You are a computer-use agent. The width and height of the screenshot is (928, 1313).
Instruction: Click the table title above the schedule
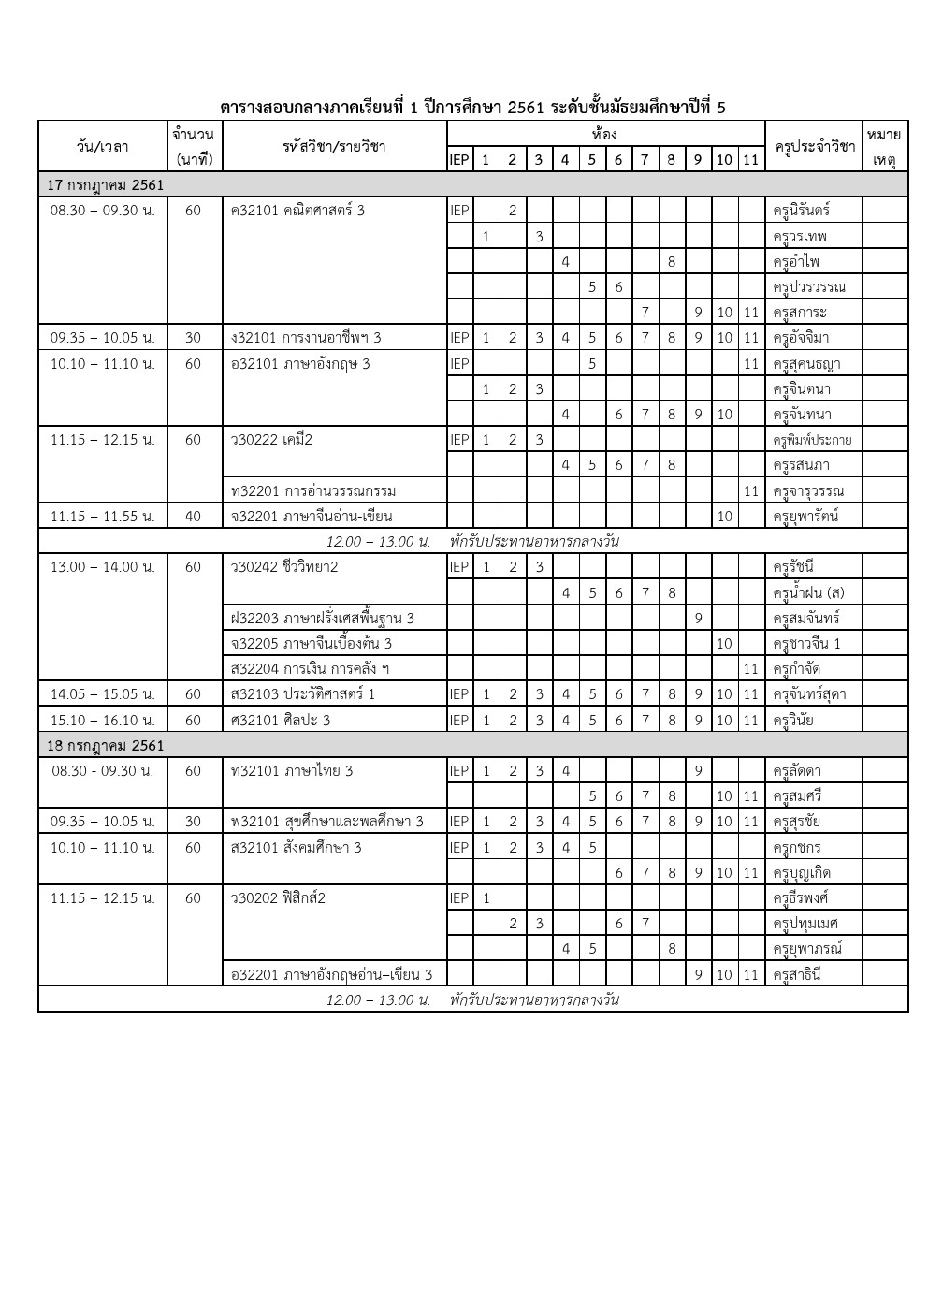click(x=472, y=107)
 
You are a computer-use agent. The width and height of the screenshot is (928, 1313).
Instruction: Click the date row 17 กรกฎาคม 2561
click(x=105, y=184)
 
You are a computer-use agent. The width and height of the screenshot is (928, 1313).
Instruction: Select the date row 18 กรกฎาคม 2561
click(x=105, y=745)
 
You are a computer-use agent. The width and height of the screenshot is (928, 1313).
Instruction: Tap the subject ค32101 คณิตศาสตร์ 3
click(x=297, y=210)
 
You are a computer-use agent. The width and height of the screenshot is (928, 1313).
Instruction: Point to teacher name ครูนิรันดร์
click(x=802, y=210)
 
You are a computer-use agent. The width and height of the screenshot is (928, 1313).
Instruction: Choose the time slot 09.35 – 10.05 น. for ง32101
click(x=103, y=338)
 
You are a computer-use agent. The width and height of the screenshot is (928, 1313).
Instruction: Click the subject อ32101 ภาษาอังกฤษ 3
click(x=300, y=363)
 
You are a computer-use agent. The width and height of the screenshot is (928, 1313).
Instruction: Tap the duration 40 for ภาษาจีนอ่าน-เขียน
click(x=193, y=516)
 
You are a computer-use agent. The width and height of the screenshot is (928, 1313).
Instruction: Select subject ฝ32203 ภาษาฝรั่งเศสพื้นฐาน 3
click(x=323, y=618)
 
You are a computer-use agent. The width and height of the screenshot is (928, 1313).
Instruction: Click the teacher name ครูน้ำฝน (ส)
click(x=808, y=592)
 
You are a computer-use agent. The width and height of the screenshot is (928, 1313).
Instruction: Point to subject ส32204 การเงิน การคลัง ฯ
click(x=310, y=668)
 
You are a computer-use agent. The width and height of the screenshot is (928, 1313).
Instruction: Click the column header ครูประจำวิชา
click(x=813, y=146)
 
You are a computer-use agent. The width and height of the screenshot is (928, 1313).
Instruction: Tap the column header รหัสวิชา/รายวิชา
click(x=334, y=146)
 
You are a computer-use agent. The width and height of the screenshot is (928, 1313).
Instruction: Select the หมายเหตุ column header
click(x=884, y=147)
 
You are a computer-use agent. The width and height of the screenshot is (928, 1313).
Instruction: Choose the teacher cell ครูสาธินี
click(x=796, y=974)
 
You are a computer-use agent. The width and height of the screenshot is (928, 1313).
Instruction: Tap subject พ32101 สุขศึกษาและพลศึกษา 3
click(x=326, y=822)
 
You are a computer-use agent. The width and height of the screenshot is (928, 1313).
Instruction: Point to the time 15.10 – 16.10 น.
click(x=103, y=720)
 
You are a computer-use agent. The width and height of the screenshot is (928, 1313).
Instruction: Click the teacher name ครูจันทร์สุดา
click(x=809, y=694)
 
